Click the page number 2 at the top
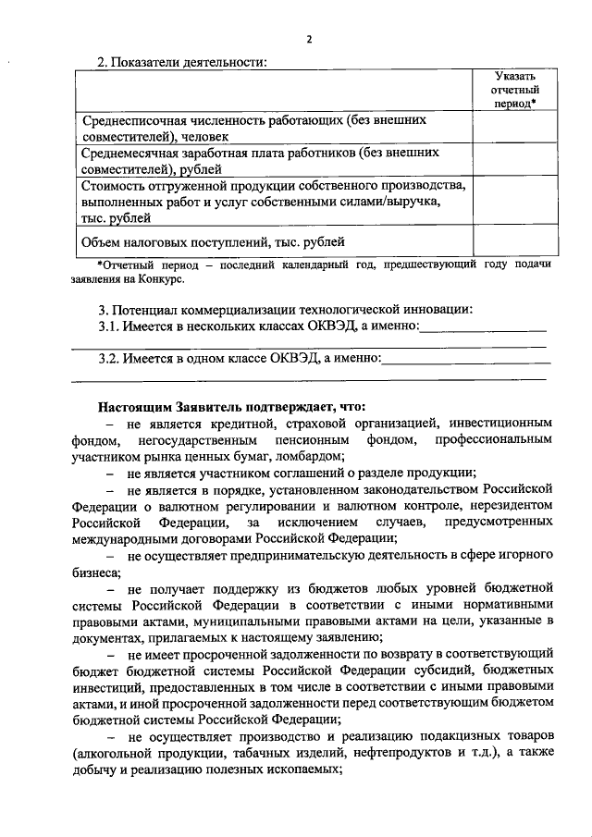coord(309,38)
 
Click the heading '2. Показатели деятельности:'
coord(182,62)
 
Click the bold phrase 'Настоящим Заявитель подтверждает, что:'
coord(231,406)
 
